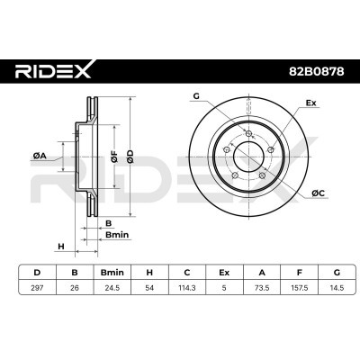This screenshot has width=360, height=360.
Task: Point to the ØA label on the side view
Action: click(x=40, y=156)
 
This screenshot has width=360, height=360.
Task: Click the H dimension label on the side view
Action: click(x=60, y=246)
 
